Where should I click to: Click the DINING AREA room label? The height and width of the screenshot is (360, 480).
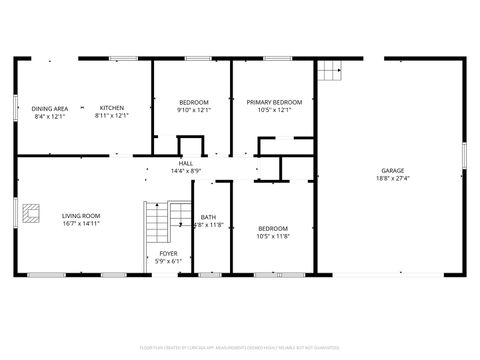(49, 108)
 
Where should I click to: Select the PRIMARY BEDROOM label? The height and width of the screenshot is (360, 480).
(274, 102)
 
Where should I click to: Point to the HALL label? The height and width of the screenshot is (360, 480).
(186, 163)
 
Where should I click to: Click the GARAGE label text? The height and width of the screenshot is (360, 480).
(392, 171)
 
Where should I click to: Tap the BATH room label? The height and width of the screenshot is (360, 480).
(208, 217)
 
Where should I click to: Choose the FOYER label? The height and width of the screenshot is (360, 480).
(169, 254)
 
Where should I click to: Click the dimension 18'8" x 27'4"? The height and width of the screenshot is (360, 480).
(392, 179)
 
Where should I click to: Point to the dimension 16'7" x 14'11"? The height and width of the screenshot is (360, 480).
(81, 223)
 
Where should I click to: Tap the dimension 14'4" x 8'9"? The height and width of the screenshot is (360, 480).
(186, 171)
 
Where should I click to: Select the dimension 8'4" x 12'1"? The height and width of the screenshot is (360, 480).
(49, 116)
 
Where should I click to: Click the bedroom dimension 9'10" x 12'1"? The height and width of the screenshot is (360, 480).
(194, 110)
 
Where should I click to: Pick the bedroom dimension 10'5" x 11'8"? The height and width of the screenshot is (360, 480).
(273, 236)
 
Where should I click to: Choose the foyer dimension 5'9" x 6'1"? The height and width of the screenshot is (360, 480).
(169, 262)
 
